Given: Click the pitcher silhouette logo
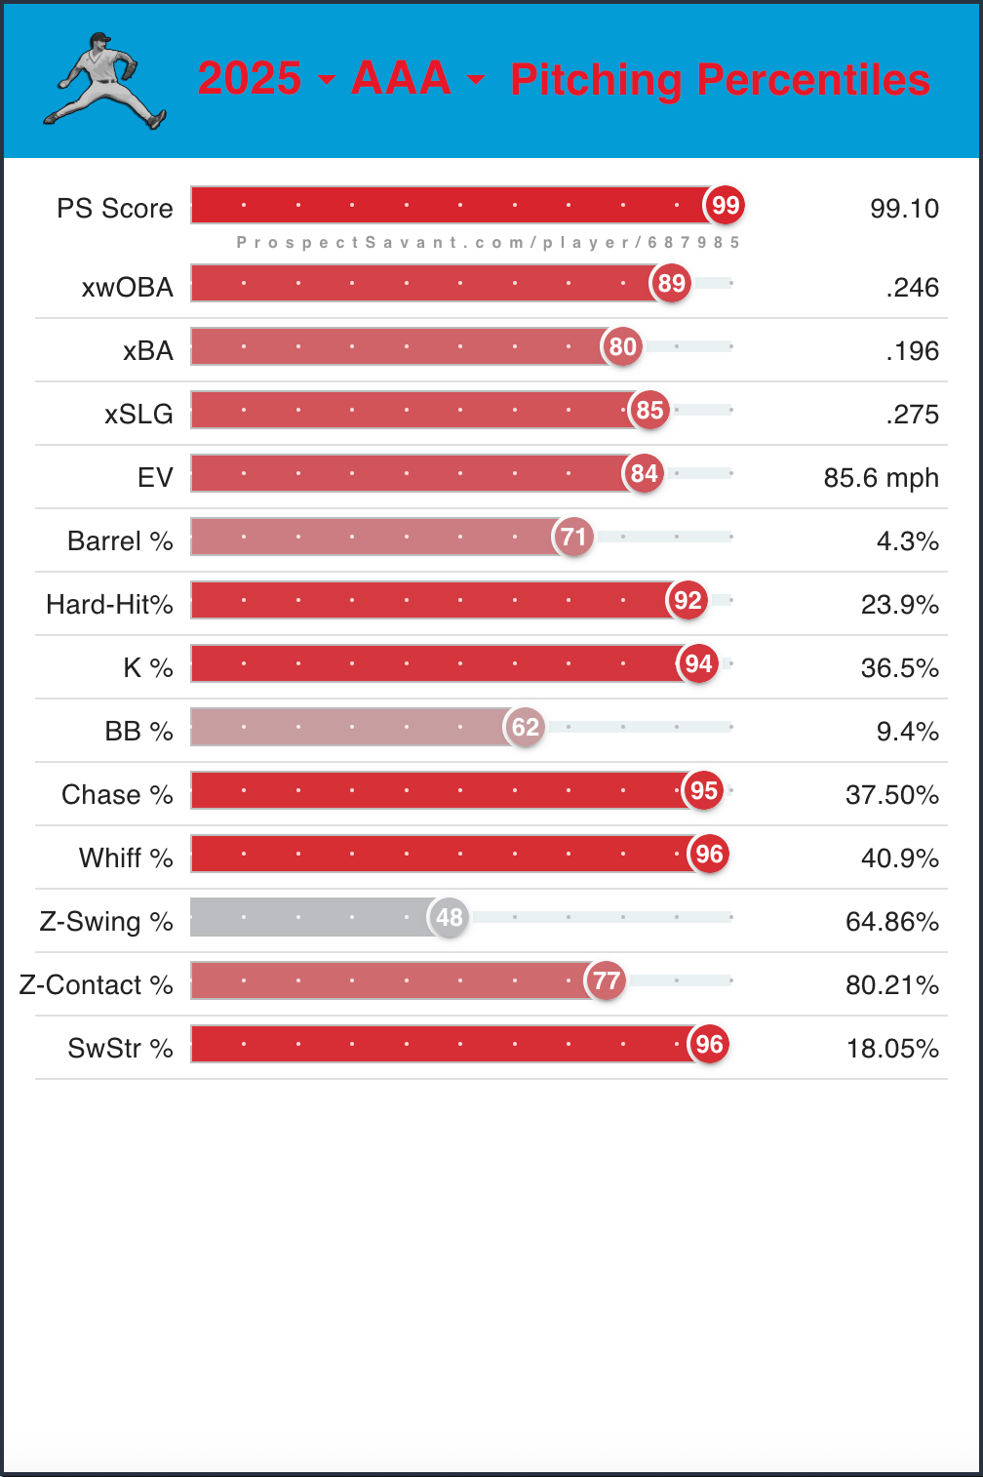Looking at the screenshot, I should click(104, 81).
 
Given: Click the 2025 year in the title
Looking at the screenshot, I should click(250, 78).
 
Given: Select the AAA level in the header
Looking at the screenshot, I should click(401, 78).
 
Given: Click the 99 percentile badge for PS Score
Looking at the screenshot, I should click(725, 205).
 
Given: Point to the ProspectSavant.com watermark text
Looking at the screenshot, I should click(488, 242).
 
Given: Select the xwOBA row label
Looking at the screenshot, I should click(128, 287).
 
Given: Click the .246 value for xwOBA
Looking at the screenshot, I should click(913, 287).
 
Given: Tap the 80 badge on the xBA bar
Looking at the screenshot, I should click(622, 346).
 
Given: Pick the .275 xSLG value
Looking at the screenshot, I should click(913, 414).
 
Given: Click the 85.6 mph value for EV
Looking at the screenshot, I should click(881, 477).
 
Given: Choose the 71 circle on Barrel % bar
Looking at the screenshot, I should click(573, 537).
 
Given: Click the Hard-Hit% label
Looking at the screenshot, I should click(109, 604).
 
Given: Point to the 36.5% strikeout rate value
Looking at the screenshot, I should click(899, 667).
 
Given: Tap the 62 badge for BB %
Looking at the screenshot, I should click(525, 727).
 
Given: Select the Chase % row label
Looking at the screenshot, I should click(117, 794).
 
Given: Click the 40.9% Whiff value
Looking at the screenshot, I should click(899, 858).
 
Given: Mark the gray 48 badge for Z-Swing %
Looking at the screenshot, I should click(449, 917).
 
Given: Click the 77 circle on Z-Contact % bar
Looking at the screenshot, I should click(606, 980).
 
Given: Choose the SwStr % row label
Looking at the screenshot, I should click(120, 1048).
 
